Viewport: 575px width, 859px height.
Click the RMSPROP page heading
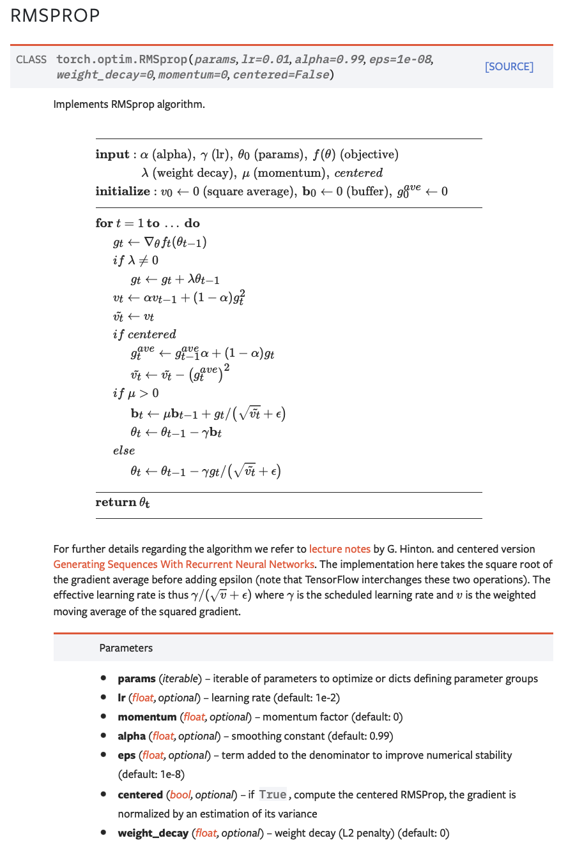point(55,16)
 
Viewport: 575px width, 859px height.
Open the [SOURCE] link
point(509,66)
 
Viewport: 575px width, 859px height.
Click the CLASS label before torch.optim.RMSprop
point(31,59)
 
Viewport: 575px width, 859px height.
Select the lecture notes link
point(339,549)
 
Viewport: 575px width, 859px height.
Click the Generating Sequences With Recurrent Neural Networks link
point(183,564)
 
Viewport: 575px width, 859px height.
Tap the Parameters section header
point(126,648)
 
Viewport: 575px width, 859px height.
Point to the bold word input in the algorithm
point(112,154)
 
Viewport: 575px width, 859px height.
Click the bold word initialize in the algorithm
point(123,191)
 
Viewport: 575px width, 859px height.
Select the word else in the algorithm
point(124,451)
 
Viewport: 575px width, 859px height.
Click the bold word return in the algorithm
point(116,502)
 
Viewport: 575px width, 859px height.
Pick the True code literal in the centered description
point(272,795)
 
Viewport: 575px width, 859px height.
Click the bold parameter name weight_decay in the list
point(153,833)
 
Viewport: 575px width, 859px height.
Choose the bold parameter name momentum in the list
point(147,717)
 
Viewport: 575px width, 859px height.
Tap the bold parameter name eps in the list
point(126,755)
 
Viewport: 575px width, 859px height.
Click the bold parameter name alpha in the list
point(132,736)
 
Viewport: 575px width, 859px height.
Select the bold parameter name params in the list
point(136,678)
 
